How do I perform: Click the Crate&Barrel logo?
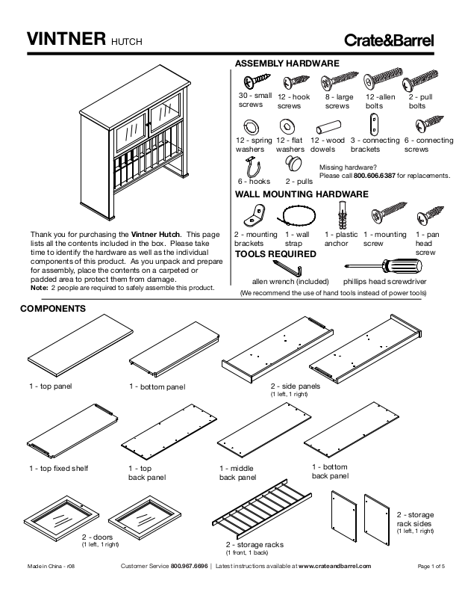click(x=388, y=40)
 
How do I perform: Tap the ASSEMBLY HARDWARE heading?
click(x=287, y=64)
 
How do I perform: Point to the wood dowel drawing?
click(x=327, y=124)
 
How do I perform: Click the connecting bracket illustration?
click(x=377, y=123)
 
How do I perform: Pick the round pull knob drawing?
click(x=298, y=164)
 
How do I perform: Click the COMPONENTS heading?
click(x=52, y=308)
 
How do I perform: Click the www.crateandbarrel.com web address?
click(x=334, y=567)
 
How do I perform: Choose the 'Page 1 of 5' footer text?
click(x=431, y=567)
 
